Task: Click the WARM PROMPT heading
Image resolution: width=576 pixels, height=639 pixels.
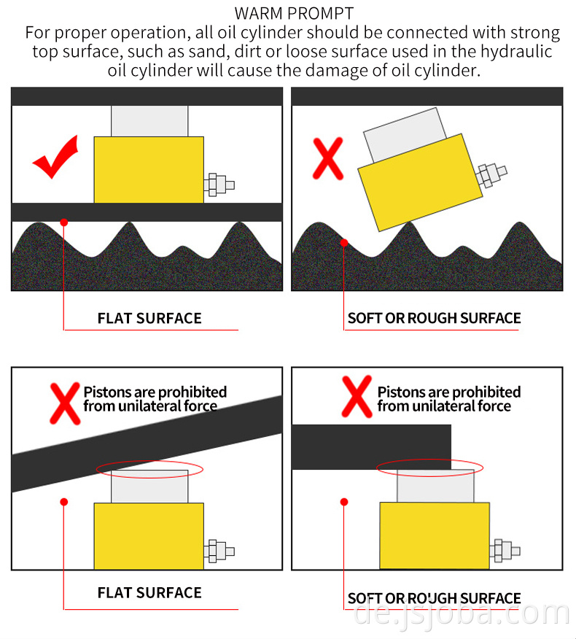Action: pos(294,13)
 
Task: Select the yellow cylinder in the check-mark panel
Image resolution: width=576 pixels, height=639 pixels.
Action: pos(149,169)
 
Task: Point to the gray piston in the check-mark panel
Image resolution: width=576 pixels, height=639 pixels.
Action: pos(149,121)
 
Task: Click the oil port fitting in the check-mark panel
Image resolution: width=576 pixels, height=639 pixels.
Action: pos(219,185)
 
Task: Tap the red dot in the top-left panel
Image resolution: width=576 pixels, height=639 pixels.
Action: pos(64,222)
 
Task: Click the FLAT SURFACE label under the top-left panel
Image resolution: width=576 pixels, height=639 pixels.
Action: pos(149,318)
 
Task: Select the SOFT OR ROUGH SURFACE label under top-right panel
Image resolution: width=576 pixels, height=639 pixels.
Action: pos(434,318)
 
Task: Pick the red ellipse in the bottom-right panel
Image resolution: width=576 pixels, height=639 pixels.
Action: pos(429,467)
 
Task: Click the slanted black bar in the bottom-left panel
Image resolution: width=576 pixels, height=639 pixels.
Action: pos(146,442)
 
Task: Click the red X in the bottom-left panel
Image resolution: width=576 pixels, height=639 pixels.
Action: pos(64,400)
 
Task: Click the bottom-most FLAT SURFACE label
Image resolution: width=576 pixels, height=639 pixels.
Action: pos(149,593)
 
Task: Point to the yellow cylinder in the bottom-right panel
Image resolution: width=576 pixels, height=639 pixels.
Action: pos(435,535)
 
